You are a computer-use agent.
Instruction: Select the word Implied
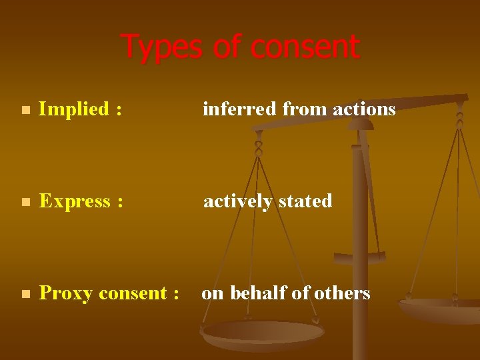[x=73, y=109]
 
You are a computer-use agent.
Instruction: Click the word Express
[x=74, y=201]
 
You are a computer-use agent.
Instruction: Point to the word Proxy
[x=65, y=293]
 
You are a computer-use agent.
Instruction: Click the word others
[x=341, y=293]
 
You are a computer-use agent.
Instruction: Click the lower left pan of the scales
[x=263, y=333]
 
